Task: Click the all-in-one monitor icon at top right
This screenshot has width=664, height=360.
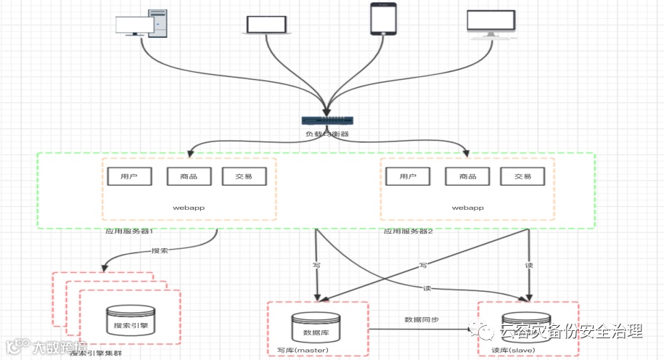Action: (491, 25)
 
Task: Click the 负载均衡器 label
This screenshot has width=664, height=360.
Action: (328, 134)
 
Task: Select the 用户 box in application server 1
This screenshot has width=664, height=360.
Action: (128, 176)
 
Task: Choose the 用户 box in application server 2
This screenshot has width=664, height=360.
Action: (406, 176)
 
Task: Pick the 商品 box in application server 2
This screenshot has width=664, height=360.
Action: (467, 176)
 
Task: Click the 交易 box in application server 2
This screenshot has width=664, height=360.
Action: (522, 176)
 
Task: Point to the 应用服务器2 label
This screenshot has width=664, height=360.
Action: (409, 232)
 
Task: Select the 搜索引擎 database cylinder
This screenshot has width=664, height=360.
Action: (131, 320)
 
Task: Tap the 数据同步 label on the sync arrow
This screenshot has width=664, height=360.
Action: (421, 320)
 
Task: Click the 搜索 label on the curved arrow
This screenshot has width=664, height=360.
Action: (160, 250)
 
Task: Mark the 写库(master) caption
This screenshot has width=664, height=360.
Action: (303, 351)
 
